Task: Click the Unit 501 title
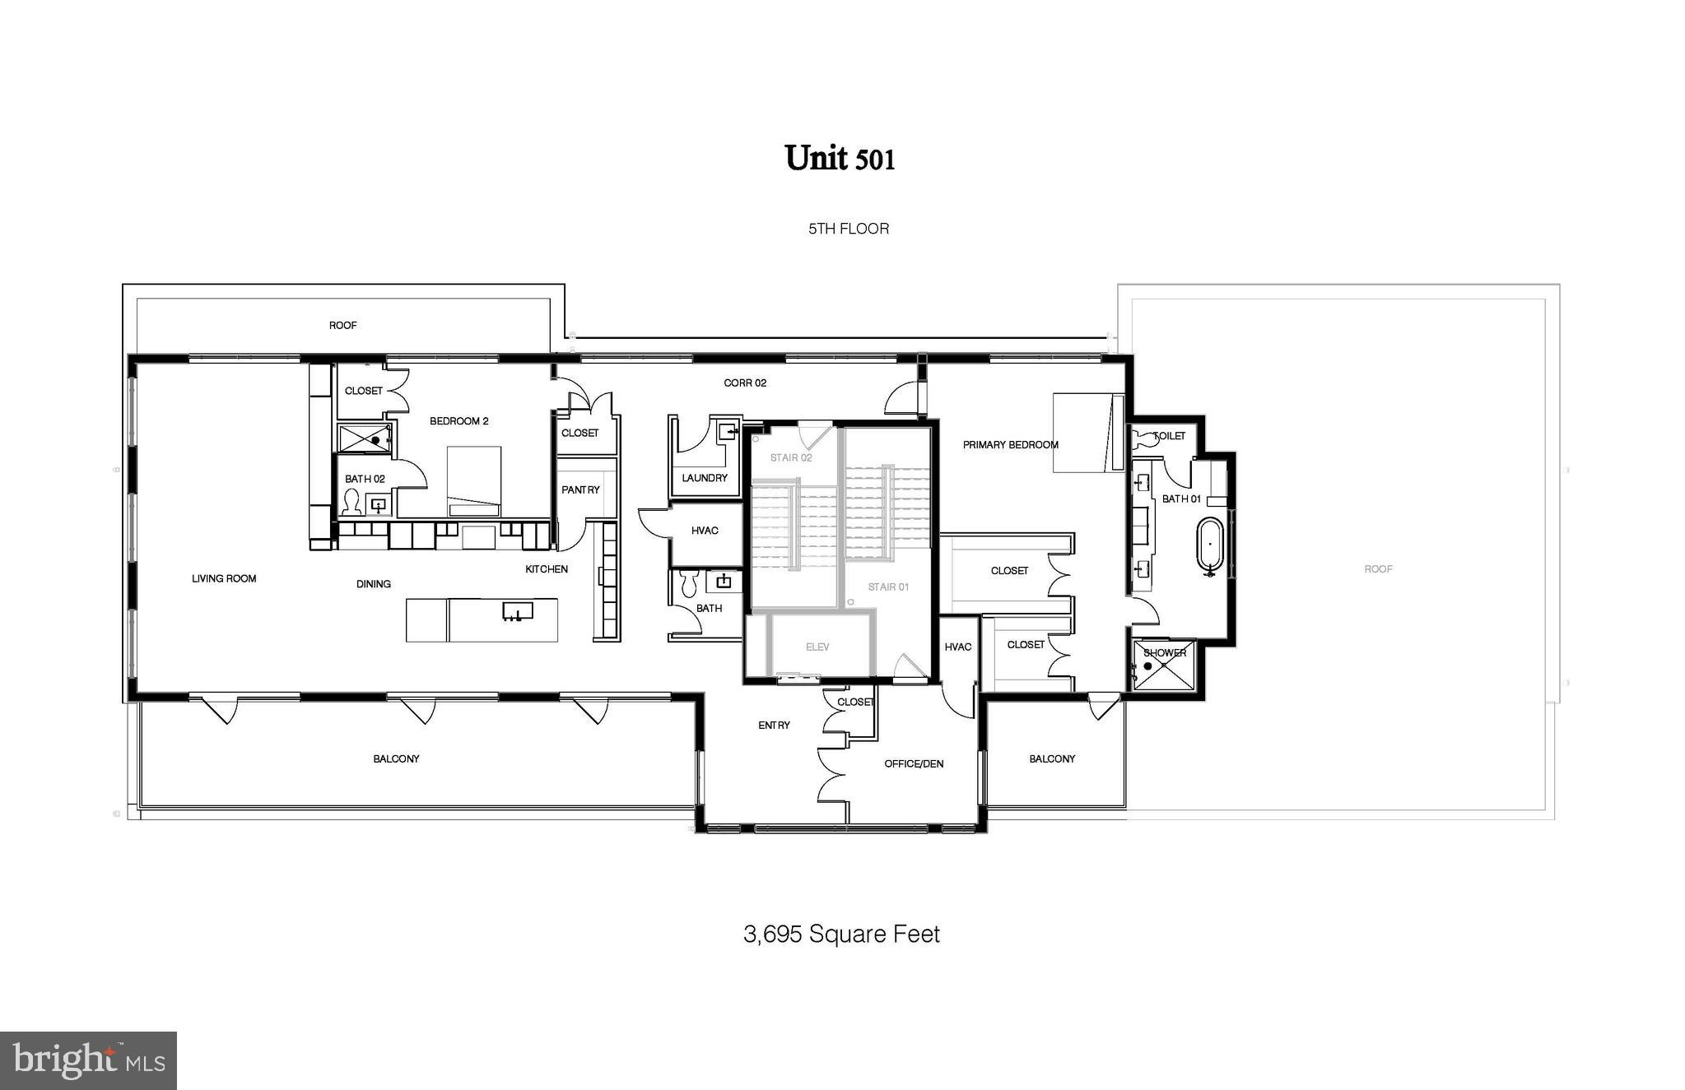click(839, 158)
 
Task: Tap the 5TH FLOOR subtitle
click(848, 229)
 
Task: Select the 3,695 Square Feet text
click(841, 935)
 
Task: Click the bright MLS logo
click(88, 1060)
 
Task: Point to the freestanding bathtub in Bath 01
click(1209, 545)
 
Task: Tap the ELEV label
click(817, 647)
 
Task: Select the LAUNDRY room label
click(705, 478)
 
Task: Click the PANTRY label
click(580, 489)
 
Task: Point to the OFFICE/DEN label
click(914, 764)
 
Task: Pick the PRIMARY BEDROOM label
click(1010, 445)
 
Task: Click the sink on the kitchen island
click(518, 611)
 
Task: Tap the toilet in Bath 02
click(351, 501)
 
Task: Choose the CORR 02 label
click(745, 383)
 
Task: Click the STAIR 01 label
click(888, 587)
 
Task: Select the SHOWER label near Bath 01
click(1165, 653)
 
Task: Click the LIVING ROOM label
click(224, 579)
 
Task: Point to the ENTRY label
click(774, 726)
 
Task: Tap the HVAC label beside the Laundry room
click(705, 531)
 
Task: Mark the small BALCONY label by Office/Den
click(1052, 759)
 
